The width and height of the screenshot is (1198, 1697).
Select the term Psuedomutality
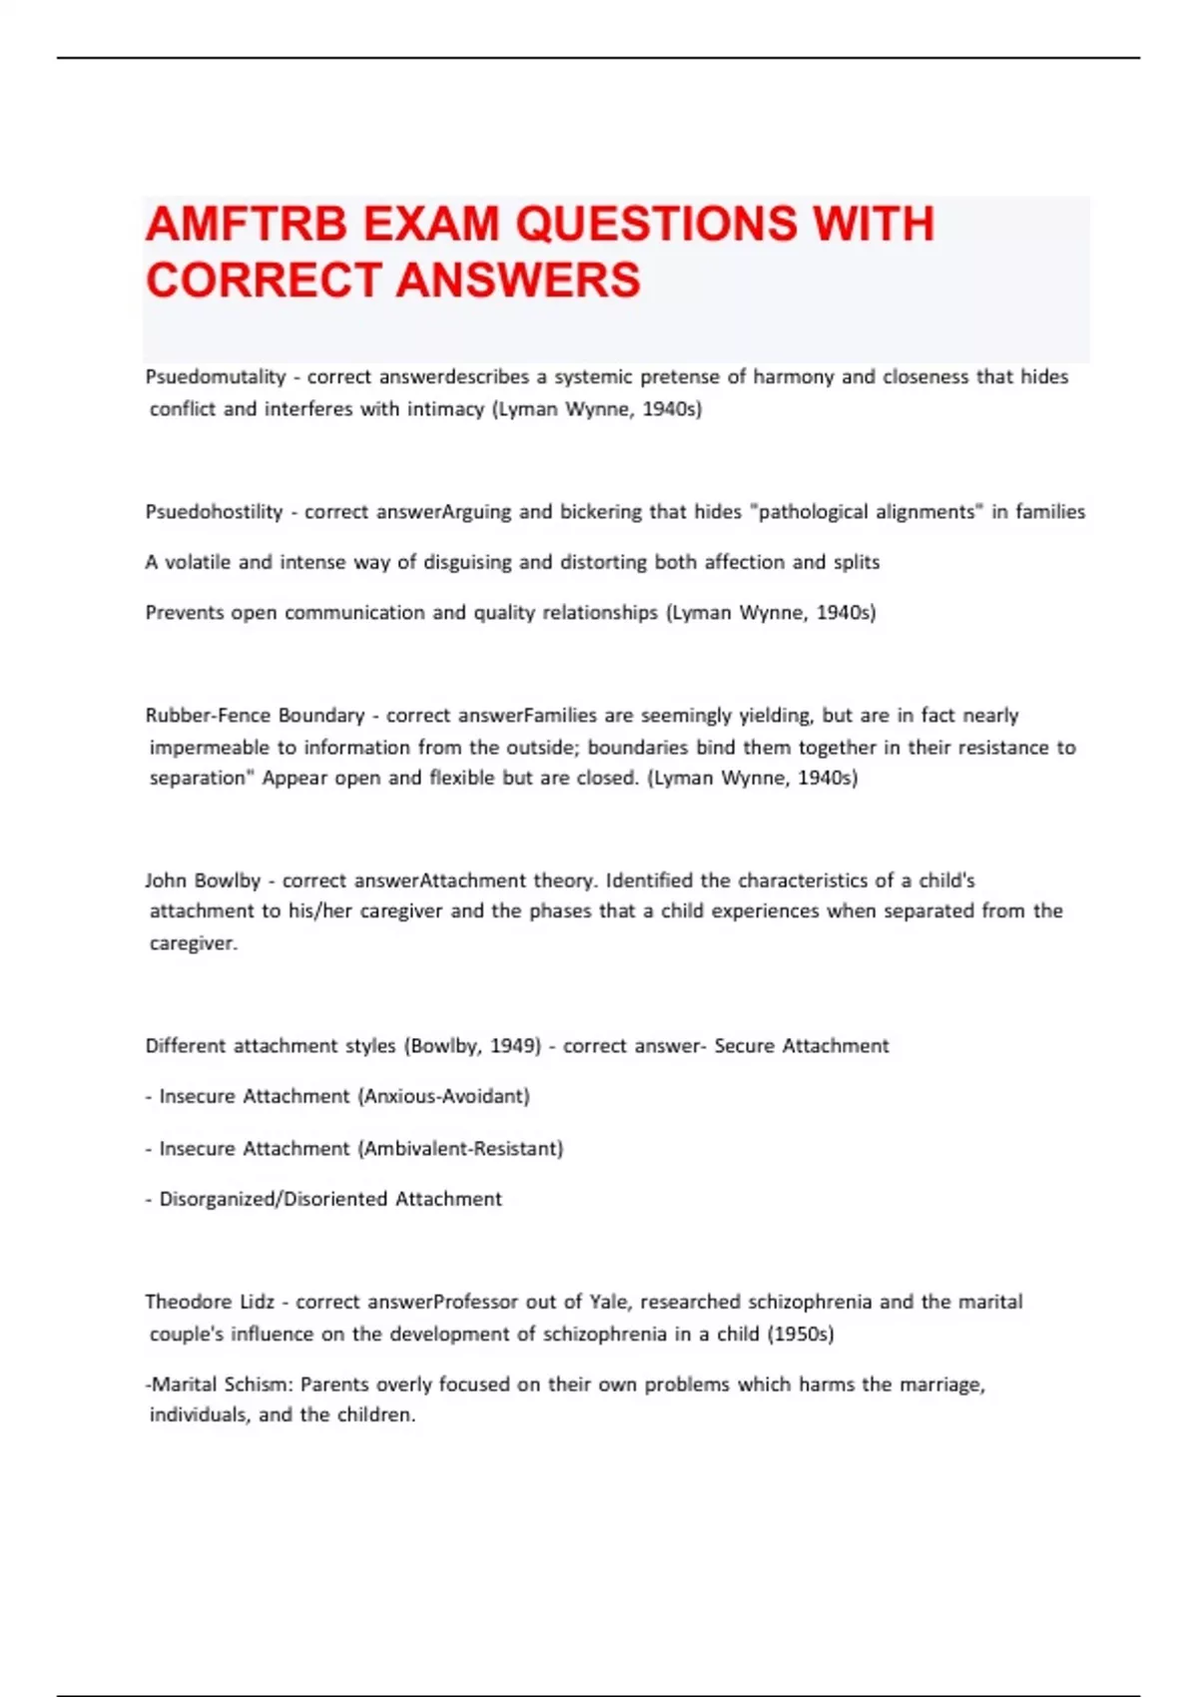pos(216,376)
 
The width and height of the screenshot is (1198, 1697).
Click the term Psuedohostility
pos(214,511)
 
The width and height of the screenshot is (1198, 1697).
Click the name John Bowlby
pos(203,880)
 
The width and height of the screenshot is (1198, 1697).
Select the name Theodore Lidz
pos(210,1302)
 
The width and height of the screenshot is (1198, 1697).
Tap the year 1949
pos(514,1045)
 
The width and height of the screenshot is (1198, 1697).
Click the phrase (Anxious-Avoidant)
pos(443,1096)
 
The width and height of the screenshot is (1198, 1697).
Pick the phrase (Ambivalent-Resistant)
pos(460,1148)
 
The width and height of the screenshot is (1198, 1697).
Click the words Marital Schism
pos(221,1385)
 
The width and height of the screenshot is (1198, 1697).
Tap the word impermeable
pos(210,748)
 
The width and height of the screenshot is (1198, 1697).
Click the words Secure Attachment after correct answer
pos(802,1045)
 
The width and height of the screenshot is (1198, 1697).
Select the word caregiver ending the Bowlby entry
pos(193,943)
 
